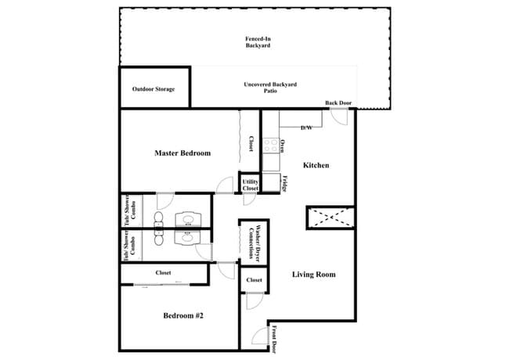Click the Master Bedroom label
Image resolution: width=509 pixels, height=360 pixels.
click(x=182, y=153)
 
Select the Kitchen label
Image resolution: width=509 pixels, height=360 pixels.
click(x=316, y=165)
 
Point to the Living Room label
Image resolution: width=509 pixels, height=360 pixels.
click(x=313, y=274)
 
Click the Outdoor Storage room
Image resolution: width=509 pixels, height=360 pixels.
click(x=153, y=89)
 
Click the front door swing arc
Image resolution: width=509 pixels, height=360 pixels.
click(x=259, y=337)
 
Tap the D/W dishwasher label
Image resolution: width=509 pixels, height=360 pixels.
click(x=306, y=127)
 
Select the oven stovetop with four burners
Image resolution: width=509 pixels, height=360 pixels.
click(x=271, y=146)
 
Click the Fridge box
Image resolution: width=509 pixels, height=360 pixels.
click(x=271, y=183)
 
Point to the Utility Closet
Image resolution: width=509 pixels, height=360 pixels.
click(x=250, y=185)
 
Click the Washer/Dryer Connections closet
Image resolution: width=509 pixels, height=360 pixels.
click(x=254, y=243)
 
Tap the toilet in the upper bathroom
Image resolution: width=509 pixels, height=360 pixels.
click(x=160, y=218)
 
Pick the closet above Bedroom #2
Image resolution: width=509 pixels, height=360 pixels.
click(x=164, y=273)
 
